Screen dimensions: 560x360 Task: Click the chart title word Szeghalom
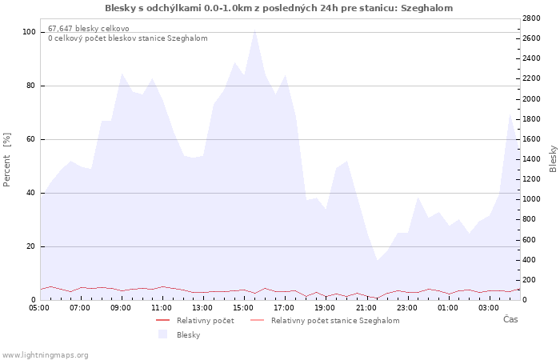click(x=426, y=8)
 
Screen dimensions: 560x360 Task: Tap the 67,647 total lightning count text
click(x=89, y=29)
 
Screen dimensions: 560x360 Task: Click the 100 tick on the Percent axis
click(x=29, y=32)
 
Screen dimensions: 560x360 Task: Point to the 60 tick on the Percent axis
click(x=30, y=139)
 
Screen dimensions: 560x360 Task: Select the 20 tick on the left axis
click(x=30, y=246)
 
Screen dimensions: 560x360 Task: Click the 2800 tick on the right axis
click(x=531, y=18)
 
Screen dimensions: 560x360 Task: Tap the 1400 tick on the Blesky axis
click(x=531, y=159)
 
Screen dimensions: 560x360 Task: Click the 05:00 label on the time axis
click(x=39, y=308)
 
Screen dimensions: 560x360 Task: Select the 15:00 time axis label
click(x=243, y=308)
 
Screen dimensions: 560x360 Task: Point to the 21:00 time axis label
click(x=366, y=308)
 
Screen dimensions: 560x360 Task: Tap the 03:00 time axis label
click(x=489, y=308)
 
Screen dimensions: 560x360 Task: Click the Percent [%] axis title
click(x=6, y=159)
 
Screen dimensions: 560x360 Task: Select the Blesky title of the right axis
click(x=553, y=159)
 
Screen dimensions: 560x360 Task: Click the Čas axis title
click(x=510, y=319)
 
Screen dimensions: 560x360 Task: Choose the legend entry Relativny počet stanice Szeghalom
click(x=335, y=321)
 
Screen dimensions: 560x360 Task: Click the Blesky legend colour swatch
click(x=163, y=334)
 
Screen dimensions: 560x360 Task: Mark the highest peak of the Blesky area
click(x=254, y=30)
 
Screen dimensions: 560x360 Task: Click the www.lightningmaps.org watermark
click(x=45, y=355)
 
